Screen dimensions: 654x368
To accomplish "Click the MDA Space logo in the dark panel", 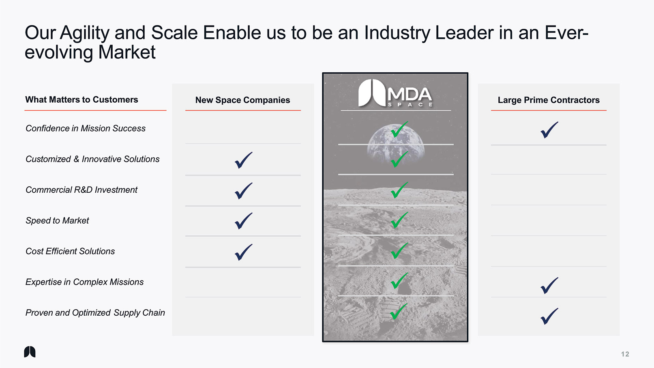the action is click(395, 93).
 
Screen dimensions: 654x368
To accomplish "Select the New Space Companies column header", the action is click(242, 100).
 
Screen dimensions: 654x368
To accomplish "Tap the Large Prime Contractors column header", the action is click(549, 100).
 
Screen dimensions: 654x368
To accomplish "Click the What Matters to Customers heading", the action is click(81, 99).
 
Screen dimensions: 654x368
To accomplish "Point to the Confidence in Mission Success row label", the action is click(85, 128).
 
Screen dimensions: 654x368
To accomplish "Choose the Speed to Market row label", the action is click(57, 220).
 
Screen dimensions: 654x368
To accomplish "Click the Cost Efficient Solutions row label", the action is click(70, 251).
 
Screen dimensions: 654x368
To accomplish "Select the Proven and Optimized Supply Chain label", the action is click(95, 312).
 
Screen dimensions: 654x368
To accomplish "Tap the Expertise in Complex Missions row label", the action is click(84, 282).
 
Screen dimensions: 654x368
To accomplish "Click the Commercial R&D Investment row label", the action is click(81, 190).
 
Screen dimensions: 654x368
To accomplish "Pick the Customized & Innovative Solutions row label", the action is click(92, 159).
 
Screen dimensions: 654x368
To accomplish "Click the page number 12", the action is click(625, 354).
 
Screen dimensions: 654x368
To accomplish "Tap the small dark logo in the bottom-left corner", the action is click(30, 352).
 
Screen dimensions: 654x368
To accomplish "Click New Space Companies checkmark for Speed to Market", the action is click(243, 221).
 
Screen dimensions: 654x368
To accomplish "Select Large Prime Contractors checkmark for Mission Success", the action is click(549, 130).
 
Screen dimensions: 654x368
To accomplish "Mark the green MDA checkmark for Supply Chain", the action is click(399, 311).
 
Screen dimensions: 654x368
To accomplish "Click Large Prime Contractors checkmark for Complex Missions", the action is click(549, 286).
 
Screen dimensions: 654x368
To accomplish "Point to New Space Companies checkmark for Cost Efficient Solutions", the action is click(243, 252).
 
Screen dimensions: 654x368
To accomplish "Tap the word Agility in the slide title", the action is click(84, 33).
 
